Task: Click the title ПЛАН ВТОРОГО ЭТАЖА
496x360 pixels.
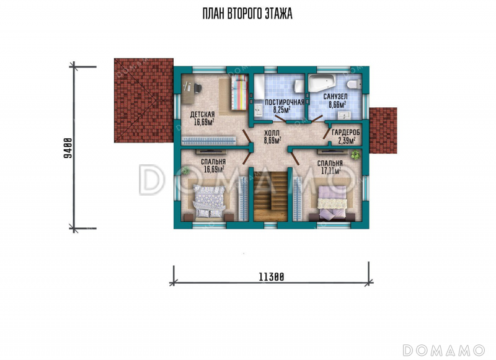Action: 247,14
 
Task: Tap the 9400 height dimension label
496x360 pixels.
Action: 68,148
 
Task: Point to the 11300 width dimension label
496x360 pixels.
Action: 272,277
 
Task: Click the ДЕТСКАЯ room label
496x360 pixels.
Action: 203,115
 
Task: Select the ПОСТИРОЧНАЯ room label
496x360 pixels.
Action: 285,102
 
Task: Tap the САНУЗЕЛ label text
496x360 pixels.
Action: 335,97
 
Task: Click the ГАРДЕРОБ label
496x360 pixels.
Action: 346,133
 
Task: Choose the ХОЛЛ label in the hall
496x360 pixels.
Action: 272,133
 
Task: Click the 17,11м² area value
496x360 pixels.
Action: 331,171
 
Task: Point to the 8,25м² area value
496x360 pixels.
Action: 282,110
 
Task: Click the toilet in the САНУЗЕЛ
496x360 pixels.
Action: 353,84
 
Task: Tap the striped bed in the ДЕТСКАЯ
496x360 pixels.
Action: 239,92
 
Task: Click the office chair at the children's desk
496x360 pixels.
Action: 197,87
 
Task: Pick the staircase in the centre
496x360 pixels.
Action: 270,196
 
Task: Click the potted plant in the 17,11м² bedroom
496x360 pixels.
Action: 355,155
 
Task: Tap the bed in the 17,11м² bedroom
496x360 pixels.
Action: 332,202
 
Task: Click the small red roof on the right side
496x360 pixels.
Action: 383,131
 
